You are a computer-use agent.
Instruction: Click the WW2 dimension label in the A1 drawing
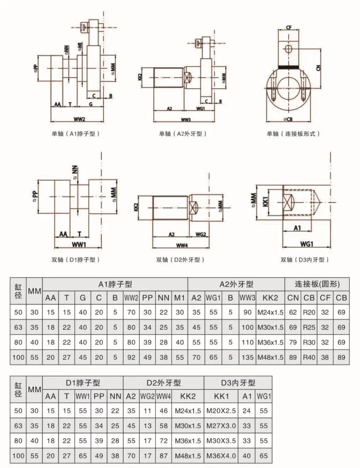click(80, 119)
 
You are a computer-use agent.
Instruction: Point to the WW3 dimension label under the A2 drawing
click(185, 120)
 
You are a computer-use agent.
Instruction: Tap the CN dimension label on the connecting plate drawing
click(318, 67)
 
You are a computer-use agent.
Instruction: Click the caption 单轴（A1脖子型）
click(76, 134)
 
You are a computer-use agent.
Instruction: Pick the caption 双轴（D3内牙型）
click(305, 260)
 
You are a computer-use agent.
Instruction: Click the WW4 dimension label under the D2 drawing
click(182, 245)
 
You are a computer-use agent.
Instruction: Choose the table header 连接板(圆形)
click(317, 284)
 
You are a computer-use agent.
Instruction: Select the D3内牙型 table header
click(238, 383)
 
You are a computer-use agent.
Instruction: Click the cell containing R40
click(309, 356)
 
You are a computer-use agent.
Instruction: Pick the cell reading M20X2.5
click(221, 411)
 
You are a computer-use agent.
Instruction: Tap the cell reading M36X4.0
click(221, 455)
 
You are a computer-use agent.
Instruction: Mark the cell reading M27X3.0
click(221, 425)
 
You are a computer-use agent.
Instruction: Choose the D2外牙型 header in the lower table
click(163, 383)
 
